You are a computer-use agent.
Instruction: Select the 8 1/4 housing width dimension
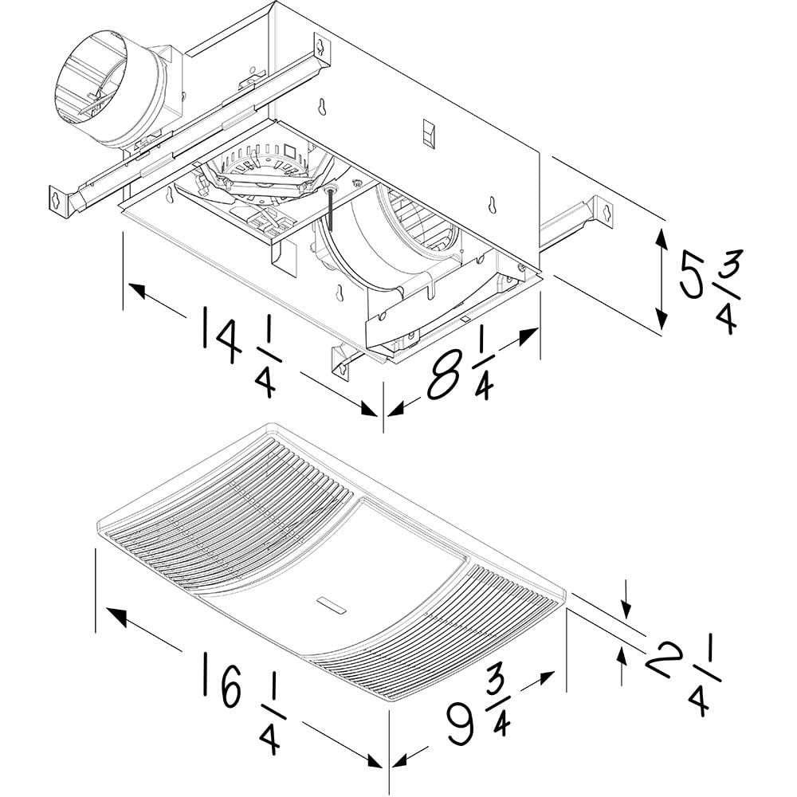pos(462,371)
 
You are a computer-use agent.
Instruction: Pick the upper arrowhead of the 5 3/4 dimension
pos(662,235)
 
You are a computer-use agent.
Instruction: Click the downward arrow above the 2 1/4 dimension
pos(627,609)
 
